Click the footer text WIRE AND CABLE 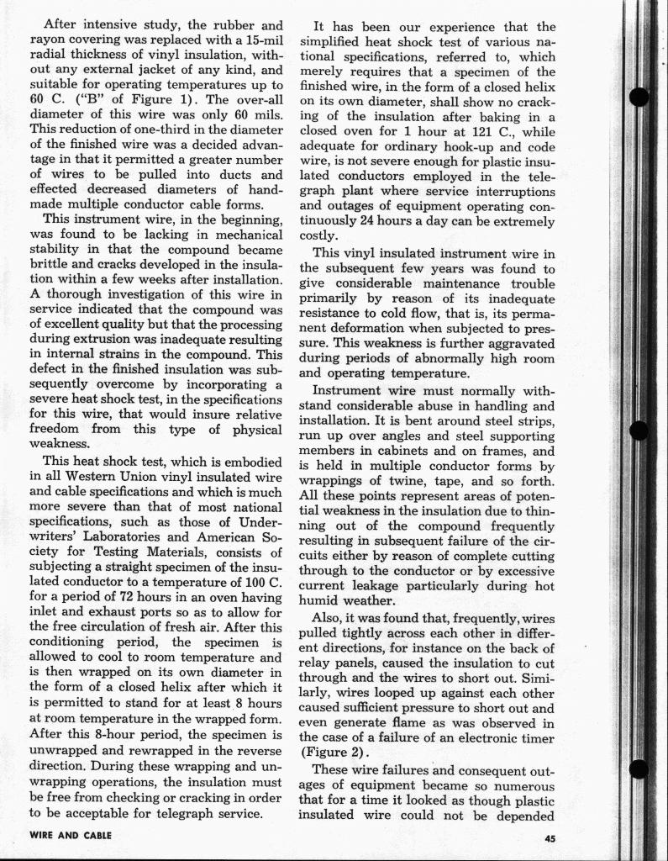coord(70,837)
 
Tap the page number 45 coord(550,837)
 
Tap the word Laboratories coord(116,536)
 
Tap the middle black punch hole coord(640,430)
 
